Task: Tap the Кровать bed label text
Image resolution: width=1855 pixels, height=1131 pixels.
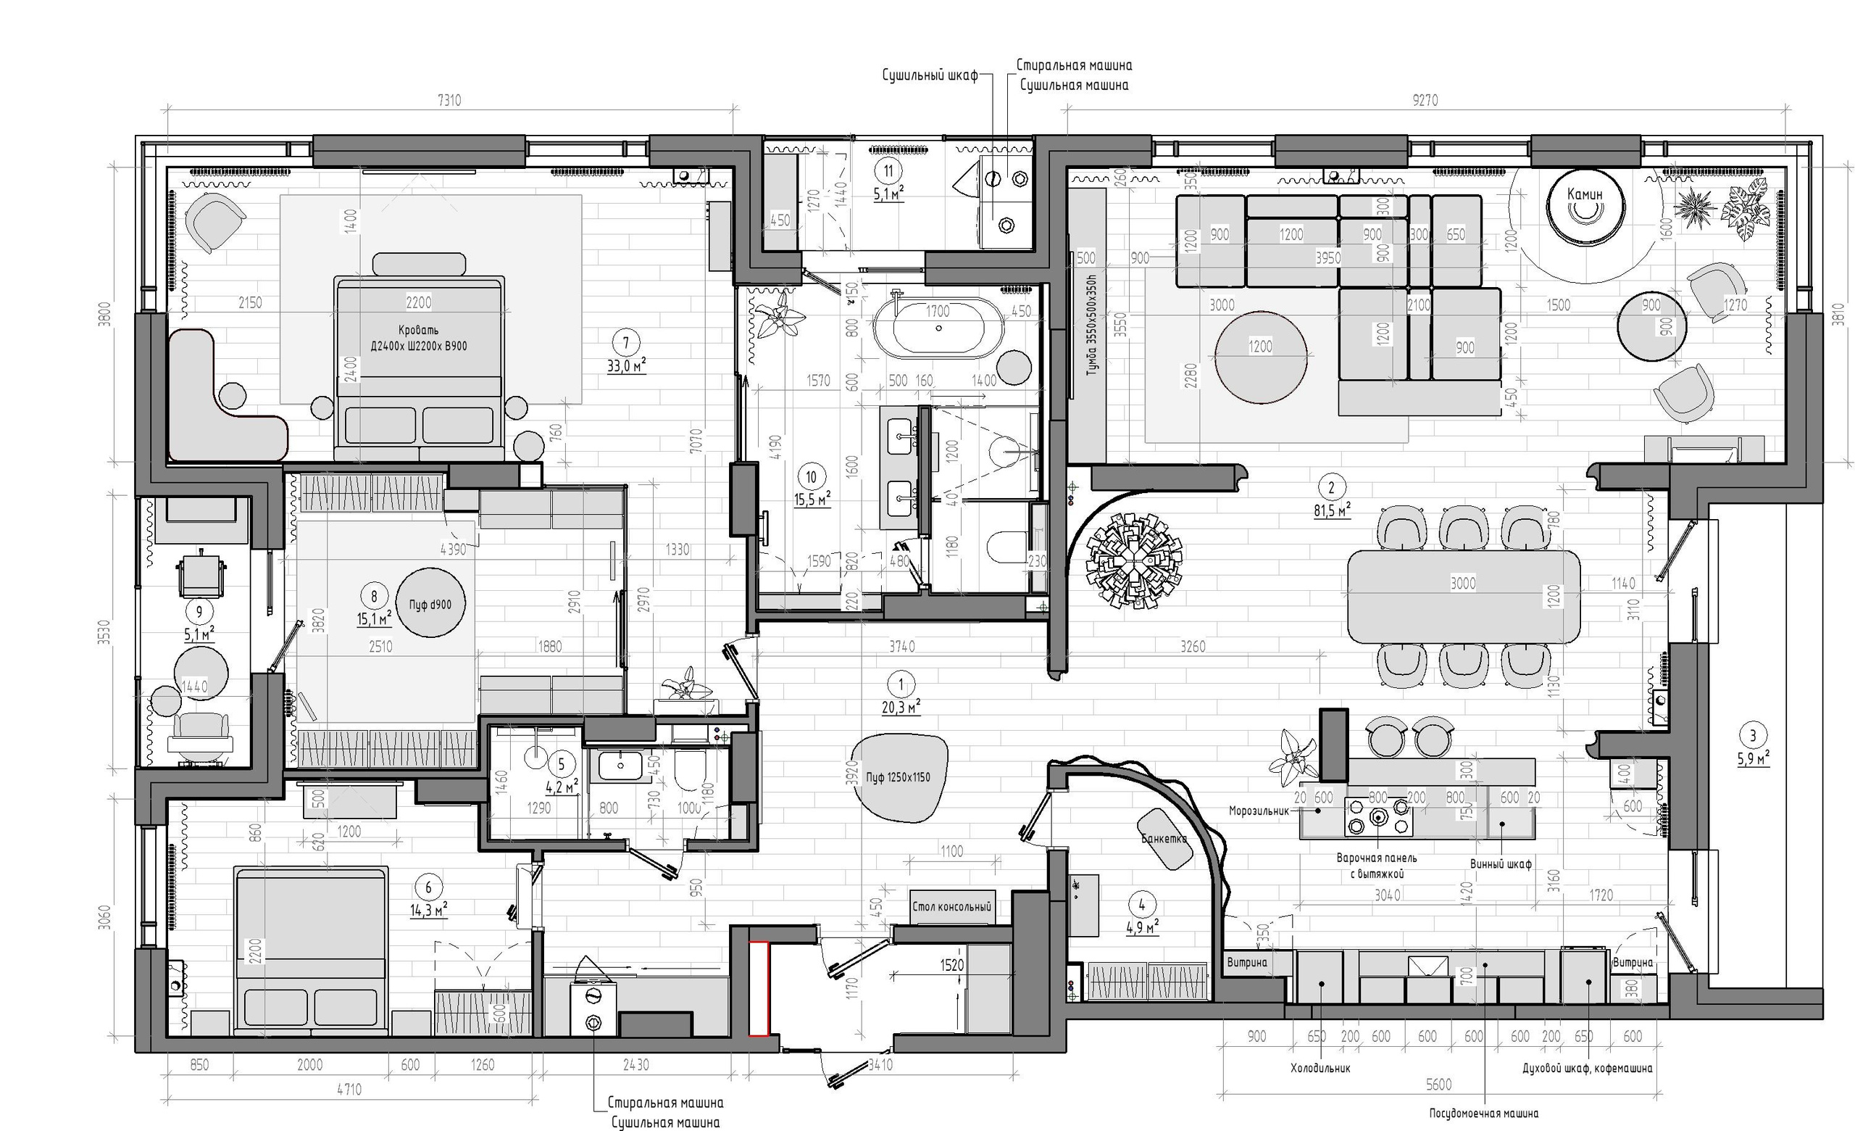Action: (x=419, y=338)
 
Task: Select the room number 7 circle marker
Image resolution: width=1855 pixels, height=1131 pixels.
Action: (x=625, y=343)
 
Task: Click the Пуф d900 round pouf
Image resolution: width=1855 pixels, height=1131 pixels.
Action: (x=430, y=603)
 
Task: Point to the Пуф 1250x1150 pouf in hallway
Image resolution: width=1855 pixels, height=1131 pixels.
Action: (x=897, y=777)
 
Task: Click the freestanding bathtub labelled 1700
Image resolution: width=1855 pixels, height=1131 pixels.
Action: (x=938, y=327)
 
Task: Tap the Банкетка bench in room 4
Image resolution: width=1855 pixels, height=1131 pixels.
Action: (x=1165, y=839)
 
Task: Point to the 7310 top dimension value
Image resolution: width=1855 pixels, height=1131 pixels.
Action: (x=449, y=100)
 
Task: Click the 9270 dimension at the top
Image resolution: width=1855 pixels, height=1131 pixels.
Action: (x=1425, y=100)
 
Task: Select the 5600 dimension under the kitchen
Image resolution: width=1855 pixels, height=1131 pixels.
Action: (x=1438, y=1085)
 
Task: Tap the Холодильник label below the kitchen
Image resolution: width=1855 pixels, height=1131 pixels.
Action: (x=1320, y=1068)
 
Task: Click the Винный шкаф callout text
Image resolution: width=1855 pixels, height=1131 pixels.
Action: (x=1501, y=864)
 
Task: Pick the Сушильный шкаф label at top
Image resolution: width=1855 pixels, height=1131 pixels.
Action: (x=930, y=75)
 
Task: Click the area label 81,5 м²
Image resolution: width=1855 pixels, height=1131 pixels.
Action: (x=1331, y=510)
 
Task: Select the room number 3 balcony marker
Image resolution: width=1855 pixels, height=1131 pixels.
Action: (x=1753, y=736)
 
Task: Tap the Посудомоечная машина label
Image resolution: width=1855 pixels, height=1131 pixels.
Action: (x=1483, y=1113)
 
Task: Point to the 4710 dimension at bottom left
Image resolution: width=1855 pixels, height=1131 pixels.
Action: (x=349, y=1089)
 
